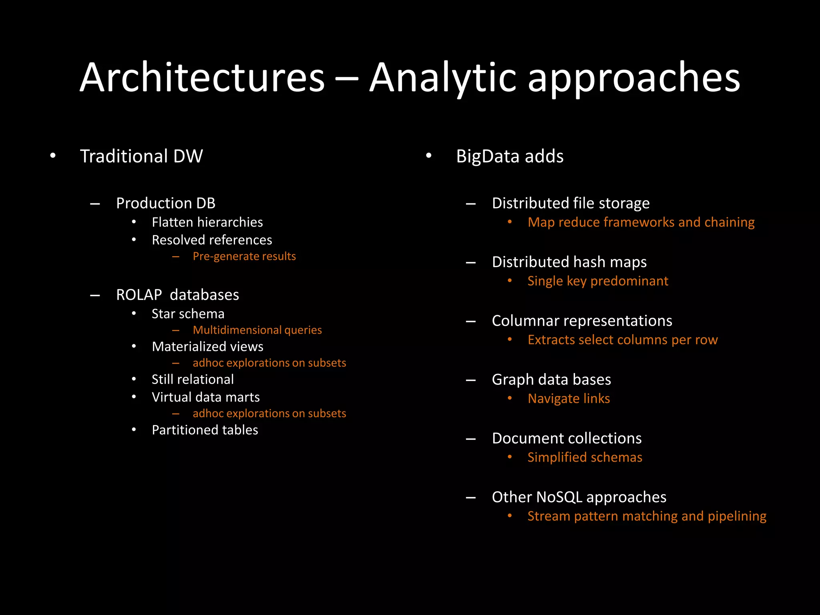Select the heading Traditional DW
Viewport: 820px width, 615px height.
click(x=141, y=156)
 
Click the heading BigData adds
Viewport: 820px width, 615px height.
click(x=510, y=156)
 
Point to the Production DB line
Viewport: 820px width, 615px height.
click(x=165, y=203)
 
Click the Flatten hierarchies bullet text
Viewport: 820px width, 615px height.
click(x=207, y=222)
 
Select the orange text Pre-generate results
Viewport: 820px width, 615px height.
click(x=244, y=256)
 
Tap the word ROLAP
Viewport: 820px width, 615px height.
click(x=139, y=295)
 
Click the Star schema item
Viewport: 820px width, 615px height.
click(x=188, y=314)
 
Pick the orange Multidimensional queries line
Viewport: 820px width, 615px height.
click(x=257, y=330)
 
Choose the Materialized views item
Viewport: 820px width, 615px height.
click(x=207, y=347)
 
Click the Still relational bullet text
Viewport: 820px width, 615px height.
click(x=193, y=380)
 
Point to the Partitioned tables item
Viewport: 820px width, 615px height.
click(x=205, y=430)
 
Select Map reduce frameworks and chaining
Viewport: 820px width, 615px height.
click(x=641, y=222)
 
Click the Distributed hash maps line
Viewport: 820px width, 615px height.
click(x=569, y=262)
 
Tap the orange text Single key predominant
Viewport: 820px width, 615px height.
click(x=598, y=281)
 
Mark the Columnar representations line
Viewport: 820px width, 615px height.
click(x=582, y=321)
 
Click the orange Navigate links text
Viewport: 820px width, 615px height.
click(x=569, y=399)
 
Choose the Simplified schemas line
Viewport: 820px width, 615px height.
click(x=585, y=457)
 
